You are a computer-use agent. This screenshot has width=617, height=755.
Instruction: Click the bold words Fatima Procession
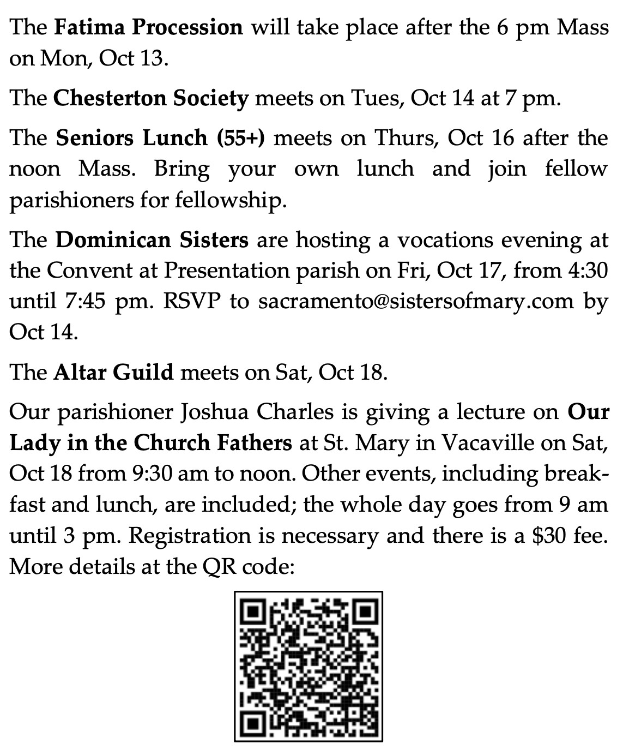(x=148, y=27)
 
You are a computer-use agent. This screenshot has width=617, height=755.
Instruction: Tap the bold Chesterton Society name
(x=151, y=98)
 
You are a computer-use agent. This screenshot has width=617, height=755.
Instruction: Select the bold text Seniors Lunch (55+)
(x=160, y=138)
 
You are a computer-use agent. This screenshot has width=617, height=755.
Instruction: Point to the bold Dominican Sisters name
(x=152, y=239)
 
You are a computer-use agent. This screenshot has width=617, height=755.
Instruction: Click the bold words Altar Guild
(x=113, y=372)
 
